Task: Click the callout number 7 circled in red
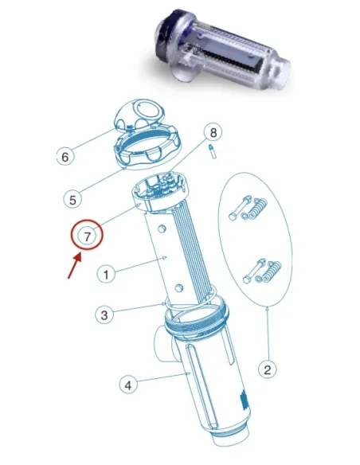click(85, 236)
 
